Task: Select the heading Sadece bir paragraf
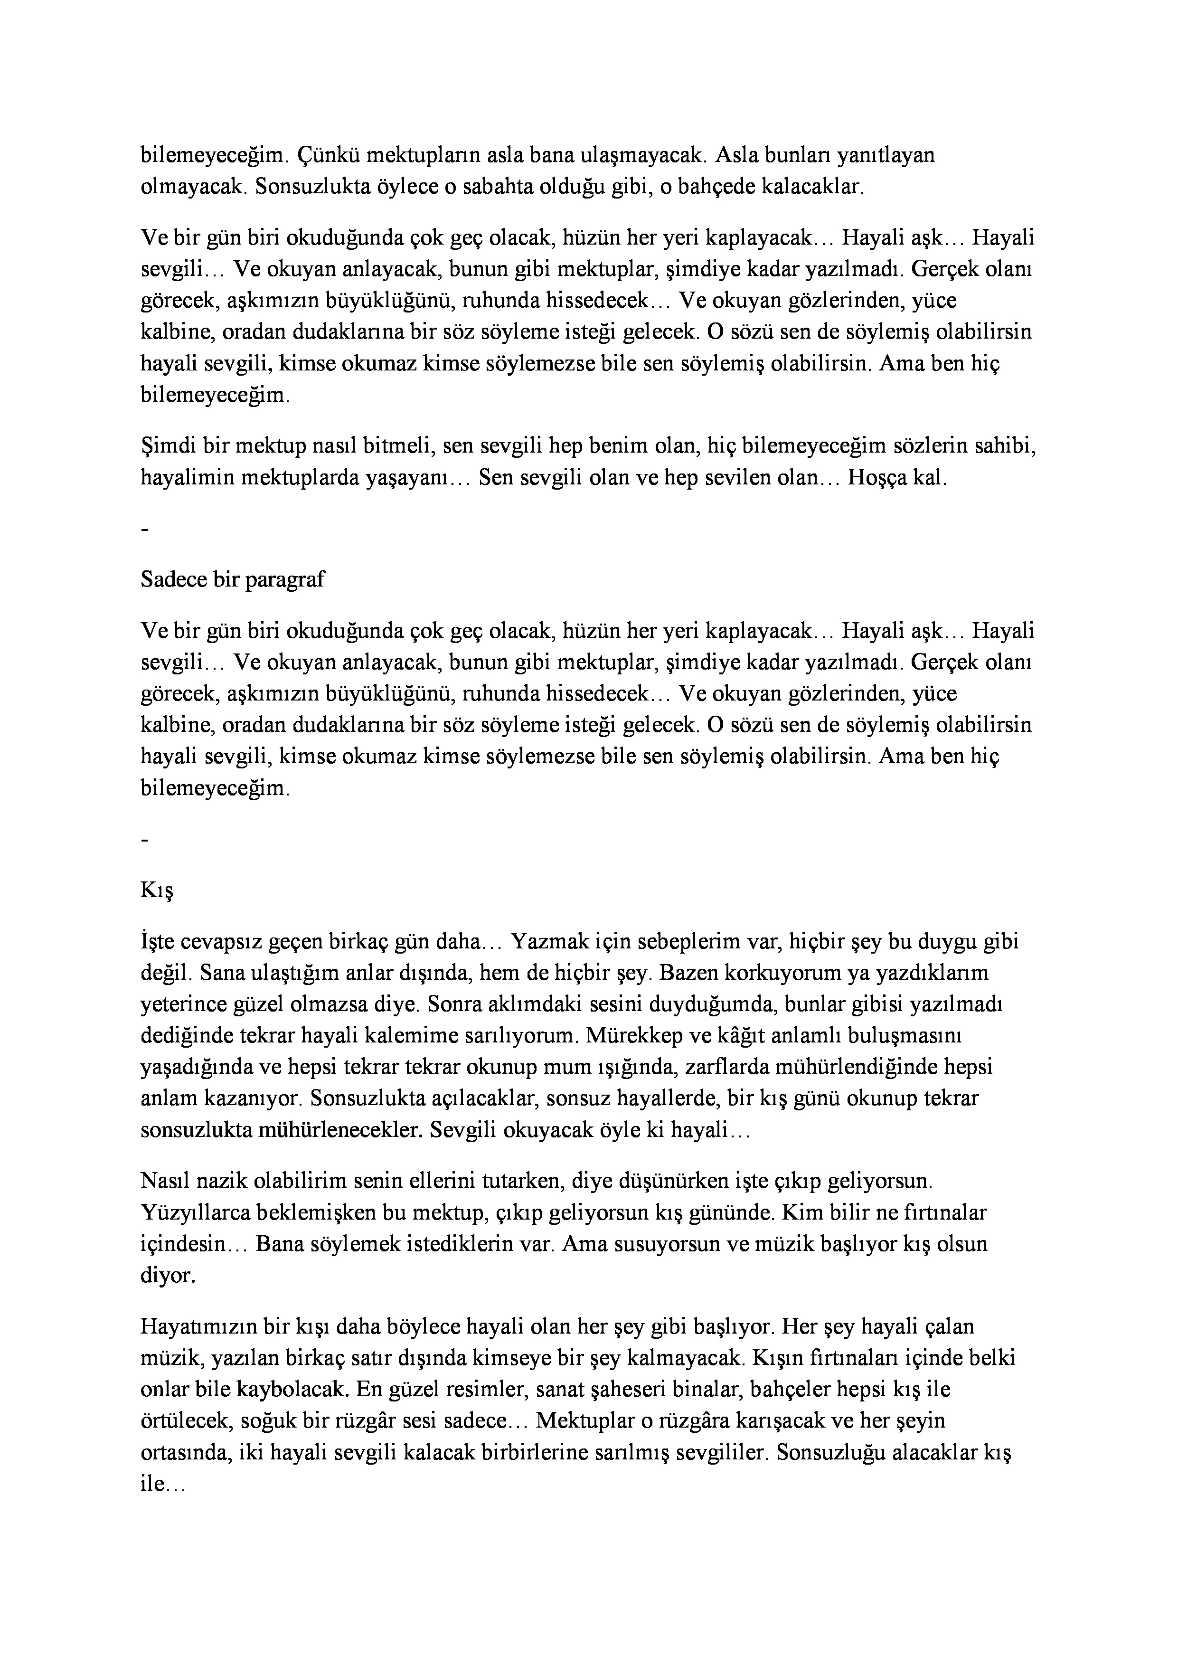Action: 233,580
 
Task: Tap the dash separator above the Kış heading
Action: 146,840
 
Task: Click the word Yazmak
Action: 549,942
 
